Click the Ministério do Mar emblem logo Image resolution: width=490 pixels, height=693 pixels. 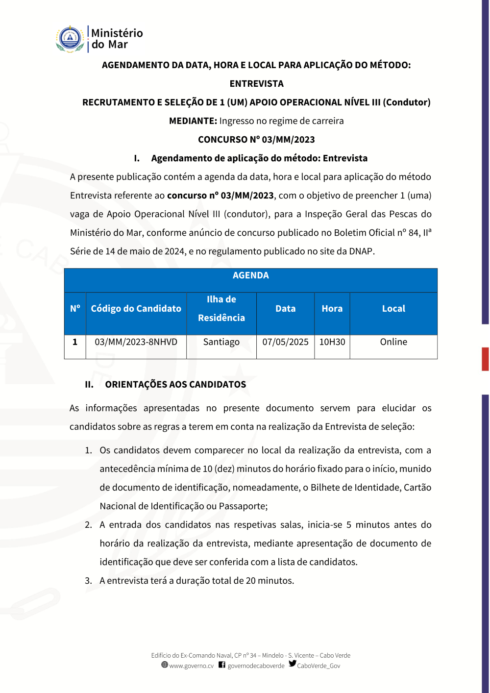pyautogui.click(x=70, y=39)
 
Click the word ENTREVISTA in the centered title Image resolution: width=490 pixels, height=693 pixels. pyautogui.click(x=256, y=84)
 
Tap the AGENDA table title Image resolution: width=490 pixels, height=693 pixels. pyautogui.click(x=250, y=275)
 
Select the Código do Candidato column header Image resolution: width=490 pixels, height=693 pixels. pyautogui.click(x=136, y=309)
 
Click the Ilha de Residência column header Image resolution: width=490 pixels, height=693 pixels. pyautogui.click(x=221, y=309)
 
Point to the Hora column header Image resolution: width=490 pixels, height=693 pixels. pyautogui.click(x=332, y=309)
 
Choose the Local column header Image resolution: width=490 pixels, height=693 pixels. pyautogui.click(x=393, y=309)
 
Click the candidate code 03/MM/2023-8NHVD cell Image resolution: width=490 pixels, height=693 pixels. pyautogui.click(x=136, y=342)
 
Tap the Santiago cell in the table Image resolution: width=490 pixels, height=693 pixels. pyautogui.click(x=221, y=342)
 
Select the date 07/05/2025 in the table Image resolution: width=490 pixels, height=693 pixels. pyautogui.click(x=285, y=342)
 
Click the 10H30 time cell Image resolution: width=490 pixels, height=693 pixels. pyautogui.click(x=332, y=342)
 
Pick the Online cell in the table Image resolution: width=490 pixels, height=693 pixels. pyautogui.click(x=393, y=342)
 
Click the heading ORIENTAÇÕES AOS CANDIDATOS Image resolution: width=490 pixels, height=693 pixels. pyautogui.click(x=175, y=385)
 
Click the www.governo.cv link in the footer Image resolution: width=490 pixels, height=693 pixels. pyautogui.click(x=191, y=666)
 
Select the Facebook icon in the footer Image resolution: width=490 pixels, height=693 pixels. pyautogui.click(x=222, y=665)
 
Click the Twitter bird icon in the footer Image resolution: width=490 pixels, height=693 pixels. pyautogui.click(x=293, y=664)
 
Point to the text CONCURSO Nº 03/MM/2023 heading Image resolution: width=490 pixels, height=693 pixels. pyautogui.click(x=256, y=140)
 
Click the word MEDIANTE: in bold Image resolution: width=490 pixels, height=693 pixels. pyautogui.click(x=193, y=121)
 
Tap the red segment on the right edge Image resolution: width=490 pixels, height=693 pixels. pyautogui.click(x=485, y=359)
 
